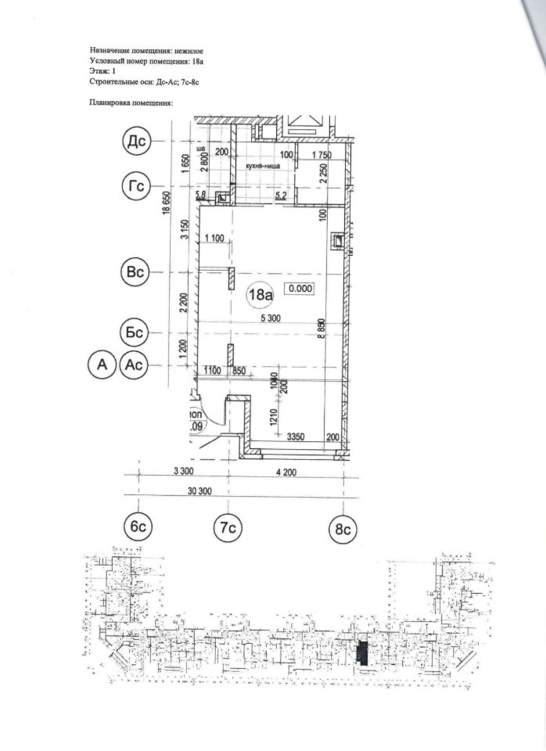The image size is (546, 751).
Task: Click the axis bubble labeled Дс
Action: (138, 142)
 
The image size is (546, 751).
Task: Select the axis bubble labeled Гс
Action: (138, 186)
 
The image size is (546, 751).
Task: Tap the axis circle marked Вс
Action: (138, 271)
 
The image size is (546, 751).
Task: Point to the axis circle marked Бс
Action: (138, 332)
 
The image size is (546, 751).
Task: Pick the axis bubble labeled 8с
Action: (342, 529)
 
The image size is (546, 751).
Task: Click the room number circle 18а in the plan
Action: (260, 295)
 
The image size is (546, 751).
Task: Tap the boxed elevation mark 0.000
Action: (300, 289)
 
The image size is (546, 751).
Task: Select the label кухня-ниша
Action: (263, 167)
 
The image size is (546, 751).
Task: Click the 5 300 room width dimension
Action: (272, 319)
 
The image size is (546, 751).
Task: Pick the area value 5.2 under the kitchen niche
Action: (279, 196)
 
